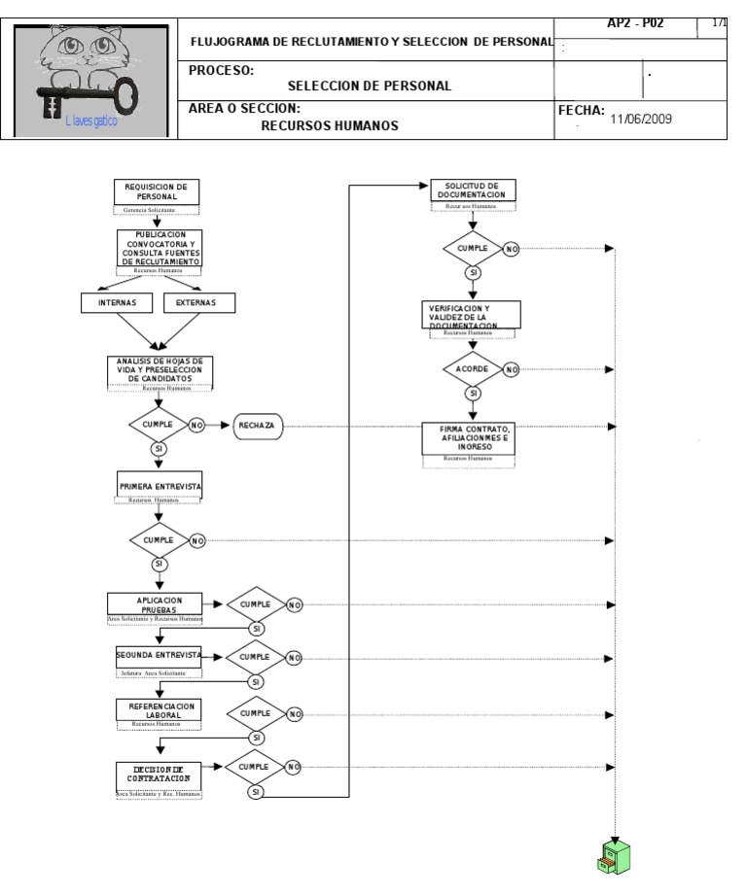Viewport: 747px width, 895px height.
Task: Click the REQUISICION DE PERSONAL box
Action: (157, 191)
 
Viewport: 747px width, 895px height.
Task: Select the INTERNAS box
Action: (118, 302)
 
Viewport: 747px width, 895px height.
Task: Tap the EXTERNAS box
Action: (197, 302)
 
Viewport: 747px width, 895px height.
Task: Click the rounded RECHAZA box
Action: (256, 426)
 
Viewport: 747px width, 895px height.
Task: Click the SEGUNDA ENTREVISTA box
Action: (158, 656)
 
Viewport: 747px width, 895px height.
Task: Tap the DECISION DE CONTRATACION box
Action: (158, 775)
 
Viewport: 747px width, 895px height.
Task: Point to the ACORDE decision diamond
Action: (472, 369)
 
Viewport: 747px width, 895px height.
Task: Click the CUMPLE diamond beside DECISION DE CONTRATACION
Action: (256, 767)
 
